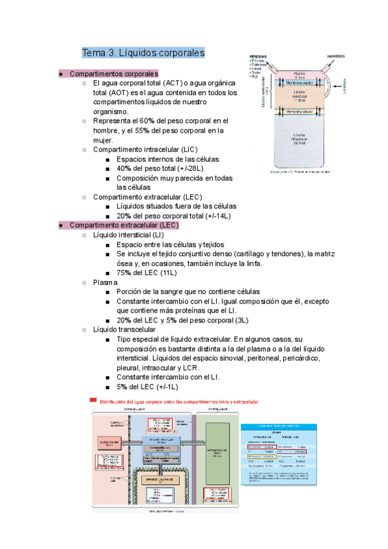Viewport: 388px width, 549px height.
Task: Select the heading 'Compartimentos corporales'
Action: (x=113, y=74)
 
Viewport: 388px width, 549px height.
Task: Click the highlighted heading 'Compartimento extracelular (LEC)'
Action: (x=124, y=225)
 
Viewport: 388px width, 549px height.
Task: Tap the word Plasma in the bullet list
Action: (x=105, y=282)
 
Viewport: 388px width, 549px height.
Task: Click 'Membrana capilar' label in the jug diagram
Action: (x=299, y=82)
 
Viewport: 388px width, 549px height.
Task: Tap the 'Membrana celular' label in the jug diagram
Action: (x=299, y=112)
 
